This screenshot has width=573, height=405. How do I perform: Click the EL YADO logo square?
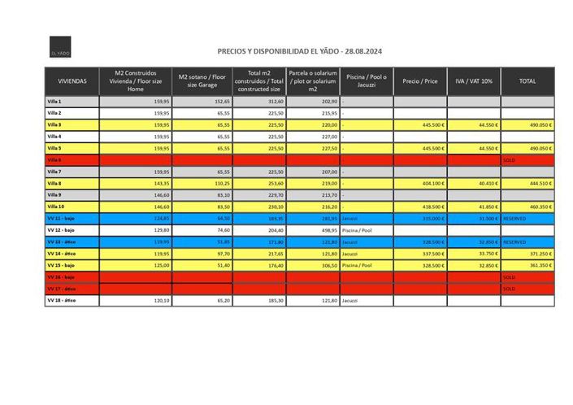(62, 47)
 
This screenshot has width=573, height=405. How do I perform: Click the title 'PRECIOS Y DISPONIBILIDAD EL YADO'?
(300, 50)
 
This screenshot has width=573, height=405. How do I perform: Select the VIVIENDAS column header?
(71, 81)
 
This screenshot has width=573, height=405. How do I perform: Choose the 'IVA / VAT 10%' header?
(473, 81)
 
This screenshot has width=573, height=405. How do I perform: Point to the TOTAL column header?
(527, 81)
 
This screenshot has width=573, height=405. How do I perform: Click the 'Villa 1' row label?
(55, 101)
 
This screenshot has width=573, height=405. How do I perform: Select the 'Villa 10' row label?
(56, 207)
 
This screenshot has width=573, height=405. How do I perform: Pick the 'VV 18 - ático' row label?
(62, 301)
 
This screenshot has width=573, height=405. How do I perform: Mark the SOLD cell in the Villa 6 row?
(510, 160)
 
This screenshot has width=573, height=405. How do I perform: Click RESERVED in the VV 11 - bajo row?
(515, 219)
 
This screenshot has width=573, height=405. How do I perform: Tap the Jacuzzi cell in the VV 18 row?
(350, 301)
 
